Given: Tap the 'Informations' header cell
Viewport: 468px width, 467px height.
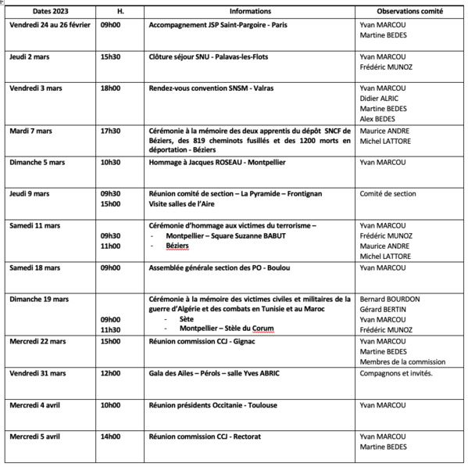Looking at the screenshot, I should [x=250, y=13].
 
